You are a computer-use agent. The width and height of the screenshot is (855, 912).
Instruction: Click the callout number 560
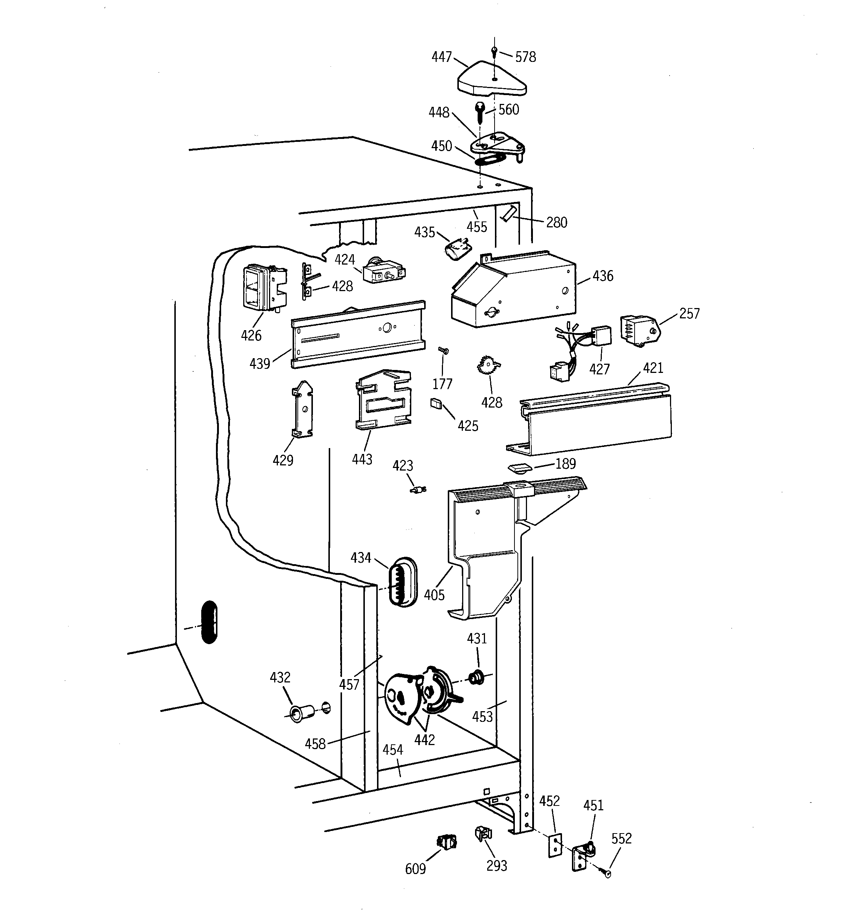click(509, 110)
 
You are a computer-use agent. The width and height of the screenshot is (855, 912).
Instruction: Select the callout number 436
click(602, 276)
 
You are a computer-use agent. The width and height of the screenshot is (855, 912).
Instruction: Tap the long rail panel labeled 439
click(358, 335)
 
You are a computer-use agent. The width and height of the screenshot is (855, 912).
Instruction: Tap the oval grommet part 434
click(402, 583)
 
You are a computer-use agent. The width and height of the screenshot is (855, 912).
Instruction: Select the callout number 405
click(434, 595)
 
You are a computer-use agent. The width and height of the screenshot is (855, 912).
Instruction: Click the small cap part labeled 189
click(519, 468)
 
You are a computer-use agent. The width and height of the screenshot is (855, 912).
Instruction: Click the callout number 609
click(415, 869)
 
